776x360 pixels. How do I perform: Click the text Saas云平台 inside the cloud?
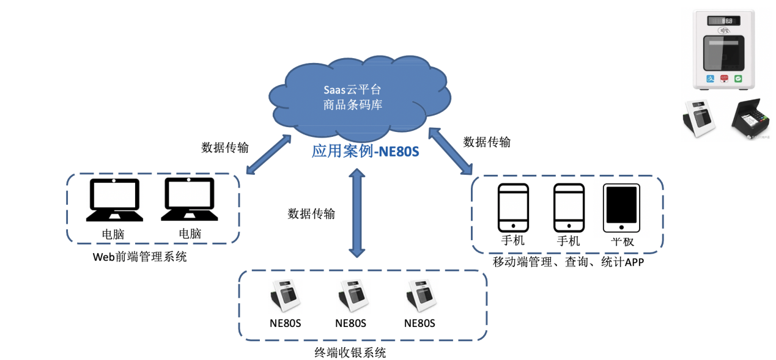(x=352, y=90)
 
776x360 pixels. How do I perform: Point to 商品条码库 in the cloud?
(x=352, y=105)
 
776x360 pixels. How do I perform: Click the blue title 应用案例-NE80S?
(x=365, y=151)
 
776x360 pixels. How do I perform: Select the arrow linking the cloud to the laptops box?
(x=268, y=155)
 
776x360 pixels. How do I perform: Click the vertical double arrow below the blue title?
(x=357, y=213)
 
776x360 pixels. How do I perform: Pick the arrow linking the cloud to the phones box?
(x=450, y=151)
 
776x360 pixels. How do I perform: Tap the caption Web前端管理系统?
(x=139, y=257)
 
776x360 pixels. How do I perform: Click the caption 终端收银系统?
(x=350, y=353)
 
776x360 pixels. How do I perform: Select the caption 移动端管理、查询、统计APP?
(x=568, y=262)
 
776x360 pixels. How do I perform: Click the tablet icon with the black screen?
(x=621, y=208)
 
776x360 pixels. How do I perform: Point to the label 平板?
(x=622, y=241)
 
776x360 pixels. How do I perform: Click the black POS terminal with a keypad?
(x=750, y=119)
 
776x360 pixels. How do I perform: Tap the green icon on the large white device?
(x=738, y=79)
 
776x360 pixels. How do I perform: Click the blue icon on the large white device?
(x=710, y=79)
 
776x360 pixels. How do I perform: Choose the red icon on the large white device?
(x=724, y=79)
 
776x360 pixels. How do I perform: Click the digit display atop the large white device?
(x=723, y=21)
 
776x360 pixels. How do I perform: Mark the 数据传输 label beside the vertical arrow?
(x=311, y=214)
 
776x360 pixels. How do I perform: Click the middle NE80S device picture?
(x=353, y=296)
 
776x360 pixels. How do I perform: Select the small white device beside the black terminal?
(x=699, y=119)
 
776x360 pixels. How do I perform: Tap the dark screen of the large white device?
(x=723, y=53)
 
